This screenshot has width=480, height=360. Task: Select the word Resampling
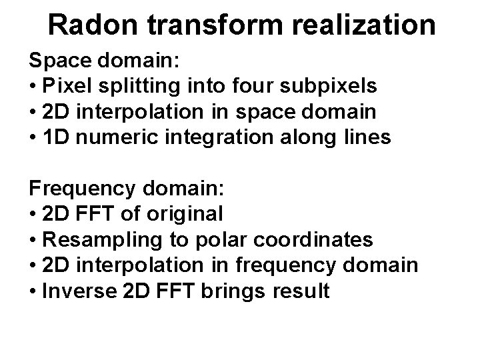pos(96,239)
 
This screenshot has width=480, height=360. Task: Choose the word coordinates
pos(315,239)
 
